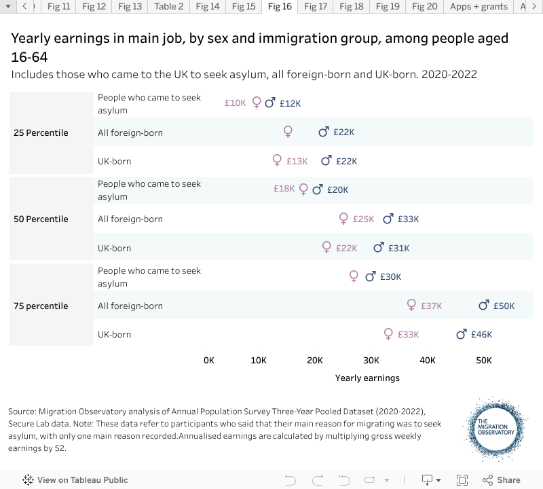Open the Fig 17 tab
pyautogui.click(x=316, y=7)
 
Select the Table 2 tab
pyautogui.click(x=169, y=7)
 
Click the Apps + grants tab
pyautogui.click(x=479, y=7)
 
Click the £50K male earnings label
pyautogui.click(x=504, y=306)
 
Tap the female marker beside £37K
pyautogui.click(x=411, y=305)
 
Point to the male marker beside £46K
pyautogui.click(x=462, y=334)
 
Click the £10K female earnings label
pyautogui.click(x=236, y=103)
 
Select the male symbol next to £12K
pyautogui.click(x=270, y=103)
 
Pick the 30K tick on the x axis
pyautogui.click(x=371, y=360)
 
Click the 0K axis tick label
pyautogui.click(x=209, y=360)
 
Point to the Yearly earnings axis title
pyautogui.click(x=367, y=378)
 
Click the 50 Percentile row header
pyautogui.click(x=41, y=219)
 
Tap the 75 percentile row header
pyautogui.click(x=41, y=306)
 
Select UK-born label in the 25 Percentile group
pyautogui.click(x=115, y=162)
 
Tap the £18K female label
pyautogui.click(x=284, y=189)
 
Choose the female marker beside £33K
pyautogui.click(x=388, y=333)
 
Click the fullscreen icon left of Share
pyautogui.click(x=462, y=479)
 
